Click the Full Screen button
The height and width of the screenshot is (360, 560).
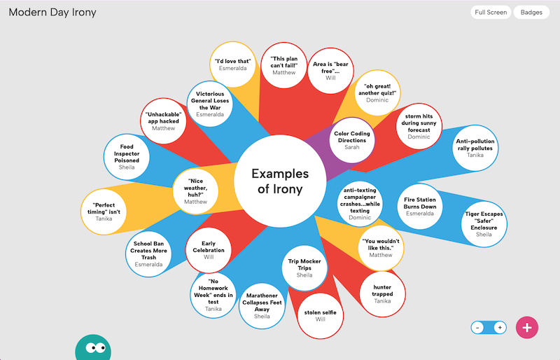[491, 12]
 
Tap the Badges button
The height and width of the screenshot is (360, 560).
[531, 12]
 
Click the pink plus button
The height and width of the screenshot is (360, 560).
[527, 327]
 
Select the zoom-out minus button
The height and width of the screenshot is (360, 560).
[477, 327]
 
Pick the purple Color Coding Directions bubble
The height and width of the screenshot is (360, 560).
[351, 140]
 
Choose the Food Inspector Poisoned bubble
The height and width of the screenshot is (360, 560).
[127, 155]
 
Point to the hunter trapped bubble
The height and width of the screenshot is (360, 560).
[382, 293]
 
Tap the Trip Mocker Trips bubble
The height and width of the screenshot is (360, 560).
[304, 268]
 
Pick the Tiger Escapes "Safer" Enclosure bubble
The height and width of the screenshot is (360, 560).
[484, 224]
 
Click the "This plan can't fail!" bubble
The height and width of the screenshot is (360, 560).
[284, 64]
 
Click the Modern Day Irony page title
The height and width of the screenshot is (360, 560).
[52, 13]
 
